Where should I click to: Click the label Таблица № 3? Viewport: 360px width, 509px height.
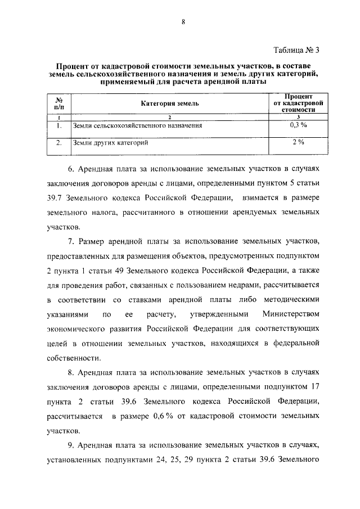[295, 49]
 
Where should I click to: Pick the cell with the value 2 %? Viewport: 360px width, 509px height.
[298, 143]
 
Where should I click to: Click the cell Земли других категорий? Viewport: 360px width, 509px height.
[111, 143]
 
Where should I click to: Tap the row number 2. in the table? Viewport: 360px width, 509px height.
[58, 143]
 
